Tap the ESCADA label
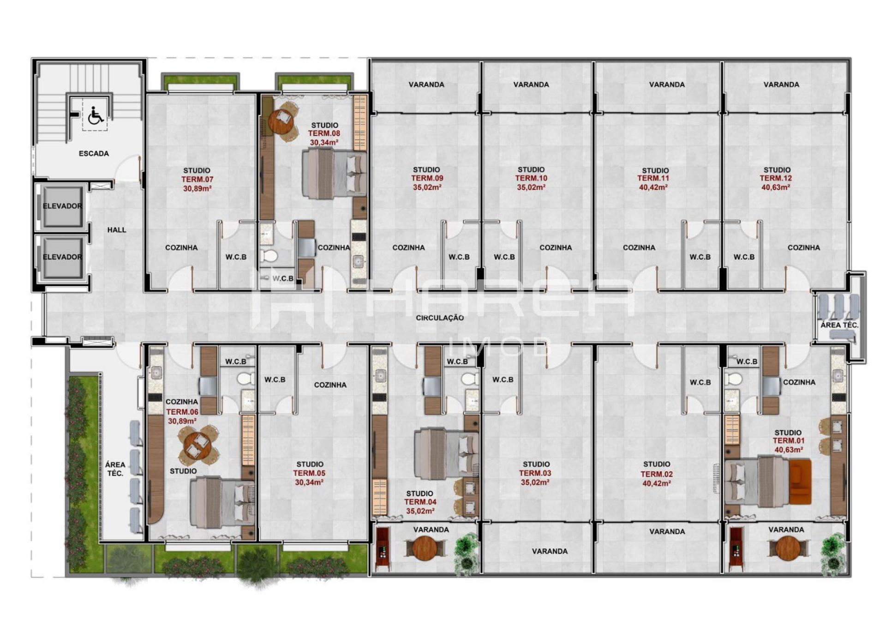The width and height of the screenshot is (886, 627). click(94, 153)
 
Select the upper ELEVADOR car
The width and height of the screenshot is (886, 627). click(62, 206)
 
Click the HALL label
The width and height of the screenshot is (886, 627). click(117, 230)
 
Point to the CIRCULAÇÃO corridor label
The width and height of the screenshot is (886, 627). click(439, 318)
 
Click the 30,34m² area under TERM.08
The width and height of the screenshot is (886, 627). click(324, 143)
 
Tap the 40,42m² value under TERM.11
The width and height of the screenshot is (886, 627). click(653, 187)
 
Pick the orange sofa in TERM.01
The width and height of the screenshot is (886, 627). click(800, 482)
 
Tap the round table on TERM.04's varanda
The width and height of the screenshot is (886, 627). click(425, 549)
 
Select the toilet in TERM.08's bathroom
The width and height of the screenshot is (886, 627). click(268, 255)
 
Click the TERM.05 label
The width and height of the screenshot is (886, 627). click(309, 473)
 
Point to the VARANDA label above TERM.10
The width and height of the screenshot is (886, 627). click(531, 84)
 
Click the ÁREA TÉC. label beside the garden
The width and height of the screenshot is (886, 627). click(115, 469)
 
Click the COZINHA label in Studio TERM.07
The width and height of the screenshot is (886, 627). click(181, 247)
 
